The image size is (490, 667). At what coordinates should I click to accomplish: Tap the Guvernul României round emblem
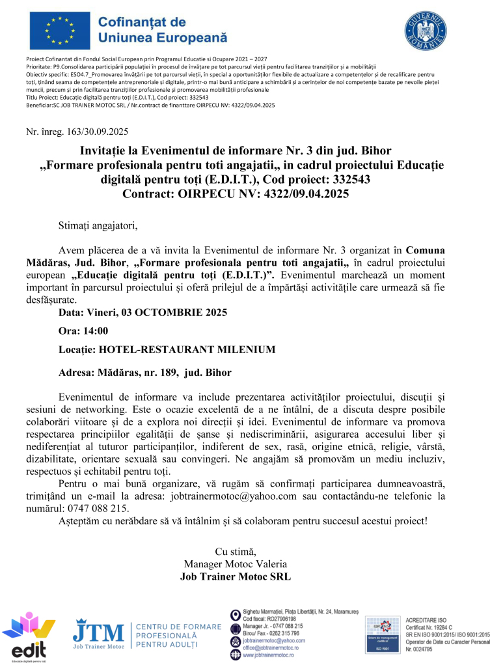pos(426,30)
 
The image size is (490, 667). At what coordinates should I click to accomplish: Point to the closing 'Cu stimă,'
pos(235,552)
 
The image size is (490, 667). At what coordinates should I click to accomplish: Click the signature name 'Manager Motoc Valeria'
pos(235,564)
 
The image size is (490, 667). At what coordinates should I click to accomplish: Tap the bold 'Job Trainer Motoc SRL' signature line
pos(235,576)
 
